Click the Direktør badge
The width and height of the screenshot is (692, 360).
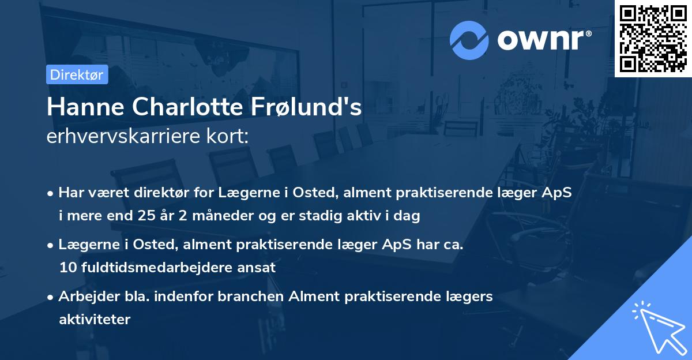tap(77, 74)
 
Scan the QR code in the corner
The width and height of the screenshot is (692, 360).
tap(653, 39)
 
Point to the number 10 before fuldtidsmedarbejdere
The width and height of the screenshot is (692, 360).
tap(67, 268)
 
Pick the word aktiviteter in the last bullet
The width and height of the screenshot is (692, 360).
tap(95, 319)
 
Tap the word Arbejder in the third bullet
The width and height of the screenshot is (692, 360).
tap(82, 297)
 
